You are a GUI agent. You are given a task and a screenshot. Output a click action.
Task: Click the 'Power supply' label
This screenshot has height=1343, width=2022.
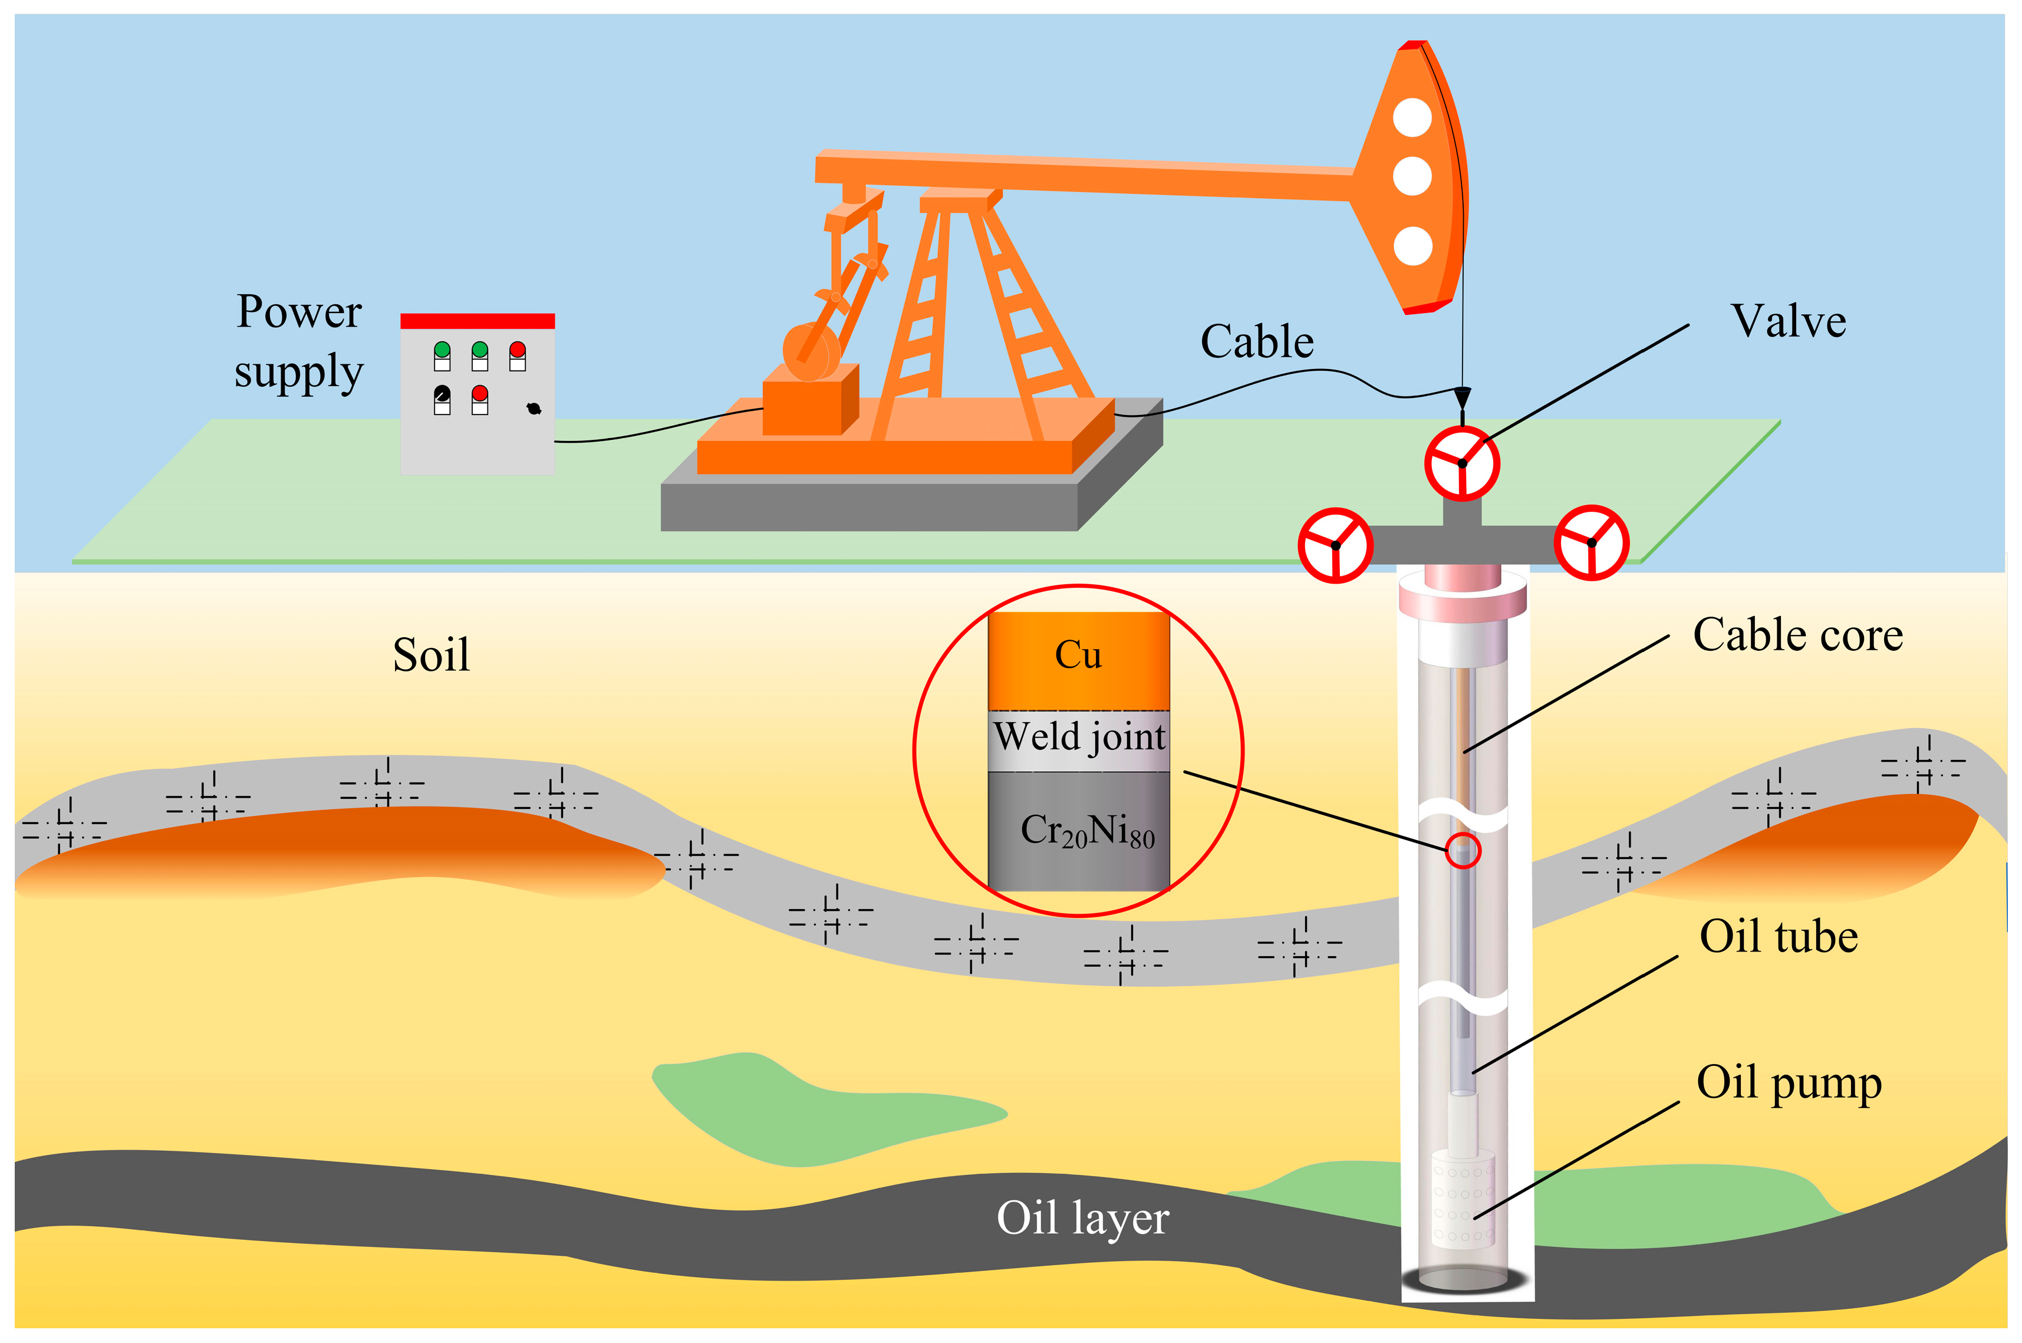click(299, 341)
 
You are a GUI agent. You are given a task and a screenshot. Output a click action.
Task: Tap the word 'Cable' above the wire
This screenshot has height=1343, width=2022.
click(1256, 342)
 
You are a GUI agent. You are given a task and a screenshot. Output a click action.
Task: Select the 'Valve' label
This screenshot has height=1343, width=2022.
click(1788, 321)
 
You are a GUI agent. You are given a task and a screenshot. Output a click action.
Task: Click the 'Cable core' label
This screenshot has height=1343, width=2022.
click(1797, 636)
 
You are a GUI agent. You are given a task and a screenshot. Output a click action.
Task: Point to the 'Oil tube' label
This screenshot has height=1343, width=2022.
click(1778, 936)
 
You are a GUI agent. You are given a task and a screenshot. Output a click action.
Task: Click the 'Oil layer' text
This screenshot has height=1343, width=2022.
click(1082, 1218)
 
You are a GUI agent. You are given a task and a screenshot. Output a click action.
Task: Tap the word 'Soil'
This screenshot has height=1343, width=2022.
click(431, 656)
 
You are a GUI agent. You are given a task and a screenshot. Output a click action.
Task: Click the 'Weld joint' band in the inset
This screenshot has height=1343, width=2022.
click(1078, 738)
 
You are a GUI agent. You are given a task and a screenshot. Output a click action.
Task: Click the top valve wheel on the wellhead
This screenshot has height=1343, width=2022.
click(1462, 463)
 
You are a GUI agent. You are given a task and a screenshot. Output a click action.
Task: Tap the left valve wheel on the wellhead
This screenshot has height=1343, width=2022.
click(1335, 545)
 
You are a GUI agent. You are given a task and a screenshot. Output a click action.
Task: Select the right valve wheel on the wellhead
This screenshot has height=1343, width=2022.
click(1591, 542)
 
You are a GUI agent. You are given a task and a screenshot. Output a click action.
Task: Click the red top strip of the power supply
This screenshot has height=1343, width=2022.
click(477, 321)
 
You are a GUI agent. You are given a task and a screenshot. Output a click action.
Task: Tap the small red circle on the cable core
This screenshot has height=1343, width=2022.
click(1463, 851)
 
